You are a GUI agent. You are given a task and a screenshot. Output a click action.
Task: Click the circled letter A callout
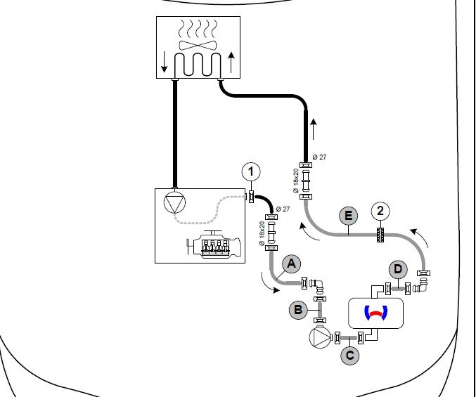[x=291, y=264]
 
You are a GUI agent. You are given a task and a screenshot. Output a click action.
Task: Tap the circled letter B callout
[x=298, y=310]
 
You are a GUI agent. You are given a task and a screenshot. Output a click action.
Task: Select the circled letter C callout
[x=350, y=355]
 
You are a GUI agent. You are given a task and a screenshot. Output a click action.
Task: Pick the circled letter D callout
[x=398, y=269]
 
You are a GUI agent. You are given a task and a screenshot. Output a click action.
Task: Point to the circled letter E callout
[x=349, y=216]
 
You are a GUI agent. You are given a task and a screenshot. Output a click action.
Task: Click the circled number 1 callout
[x=251, y=171]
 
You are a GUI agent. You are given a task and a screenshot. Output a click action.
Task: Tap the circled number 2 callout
[x=380, y=211]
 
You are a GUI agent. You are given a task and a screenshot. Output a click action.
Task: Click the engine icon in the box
[x=214, y=244]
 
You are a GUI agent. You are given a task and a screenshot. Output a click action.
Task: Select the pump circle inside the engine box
[x=174, y=202]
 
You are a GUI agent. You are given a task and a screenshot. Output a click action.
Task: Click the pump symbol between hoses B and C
[x=321, y=337]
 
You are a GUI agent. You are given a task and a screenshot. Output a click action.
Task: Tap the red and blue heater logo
[x=376, y=313]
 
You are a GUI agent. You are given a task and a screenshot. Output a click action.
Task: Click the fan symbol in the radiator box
[x=198, y=46]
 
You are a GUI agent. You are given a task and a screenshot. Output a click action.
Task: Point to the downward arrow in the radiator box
[x=165, y=62]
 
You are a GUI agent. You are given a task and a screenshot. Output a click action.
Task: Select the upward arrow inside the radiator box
[x=231, y=63]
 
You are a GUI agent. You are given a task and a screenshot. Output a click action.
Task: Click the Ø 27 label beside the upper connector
[x=319, y=157]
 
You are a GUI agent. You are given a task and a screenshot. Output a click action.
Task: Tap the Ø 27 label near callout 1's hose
[x=283, y=209]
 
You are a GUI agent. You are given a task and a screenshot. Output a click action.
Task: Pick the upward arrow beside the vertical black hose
[x=314, y=129]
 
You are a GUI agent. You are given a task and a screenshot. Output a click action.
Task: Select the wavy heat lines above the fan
[x=198, y=28]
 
